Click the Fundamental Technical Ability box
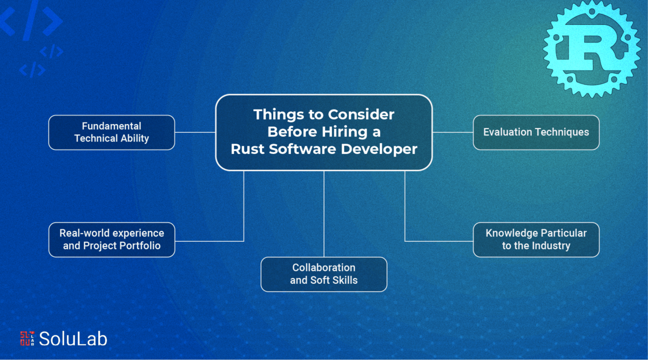tap(112, 132)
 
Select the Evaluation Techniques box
tap(536, 132)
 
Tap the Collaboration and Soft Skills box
tap(323, 274)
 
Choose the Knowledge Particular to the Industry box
tap(536, 240)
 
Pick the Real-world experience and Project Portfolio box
tap(112, 240)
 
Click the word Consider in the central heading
tap(361, 114)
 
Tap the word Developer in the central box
tap(379, 150)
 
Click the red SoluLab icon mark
tap(27, 338)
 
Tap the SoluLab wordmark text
tap(73, 339)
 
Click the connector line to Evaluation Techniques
tap(453, 132)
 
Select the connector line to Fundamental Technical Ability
tap(195, 132)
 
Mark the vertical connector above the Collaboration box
tap(323, 214)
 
